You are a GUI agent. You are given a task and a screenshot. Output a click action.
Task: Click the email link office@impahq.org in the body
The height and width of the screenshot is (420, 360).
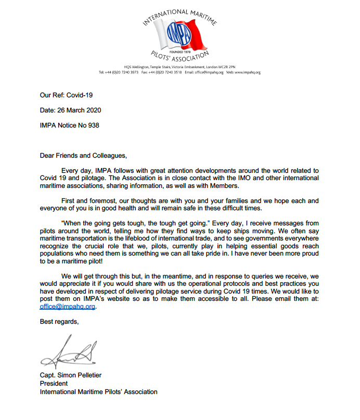click(x=68, y=307)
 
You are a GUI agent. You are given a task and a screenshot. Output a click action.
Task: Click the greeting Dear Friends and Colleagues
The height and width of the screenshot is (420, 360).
click(x=83, y=155)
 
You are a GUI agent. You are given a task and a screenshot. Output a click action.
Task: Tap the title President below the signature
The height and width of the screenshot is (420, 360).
click(x=55, y=384)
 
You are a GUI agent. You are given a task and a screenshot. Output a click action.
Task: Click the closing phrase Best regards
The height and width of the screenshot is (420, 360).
click(x=60, y=322)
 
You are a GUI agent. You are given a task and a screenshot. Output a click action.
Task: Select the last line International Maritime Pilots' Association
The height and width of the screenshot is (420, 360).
click(x=99, y=391)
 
